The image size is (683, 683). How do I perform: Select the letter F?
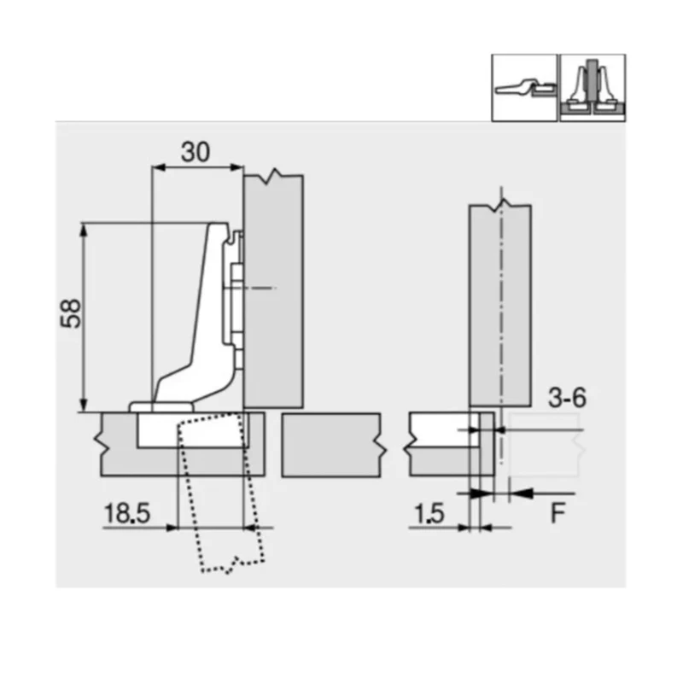tap(559, 514)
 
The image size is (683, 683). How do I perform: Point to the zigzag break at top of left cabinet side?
tap(273, 177)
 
